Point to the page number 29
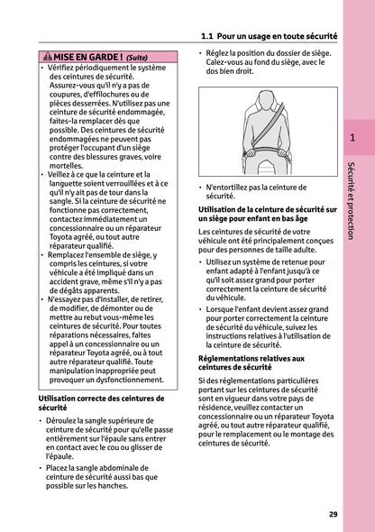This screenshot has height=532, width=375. point(333,514)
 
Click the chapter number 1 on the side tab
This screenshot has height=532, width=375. point(353,138)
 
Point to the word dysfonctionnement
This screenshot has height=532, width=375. point(121,381)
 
